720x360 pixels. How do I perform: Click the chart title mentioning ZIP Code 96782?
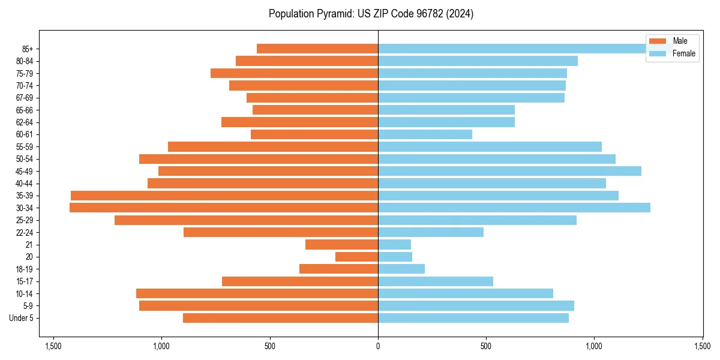pos(371,14)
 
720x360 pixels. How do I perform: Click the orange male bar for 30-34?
pos(224,208)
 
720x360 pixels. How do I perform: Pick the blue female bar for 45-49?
pos(509,171)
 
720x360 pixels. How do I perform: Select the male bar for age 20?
pos(356,257)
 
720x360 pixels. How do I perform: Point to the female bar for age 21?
pos(394,244)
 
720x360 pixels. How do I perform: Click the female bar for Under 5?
pos(473,318)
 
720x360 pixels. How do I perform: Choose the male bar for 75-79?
pos(294,73)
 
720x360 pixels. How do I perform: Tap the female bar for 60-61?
pos(425,134)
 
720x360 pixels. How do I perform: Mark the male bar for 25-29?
pos(246,220)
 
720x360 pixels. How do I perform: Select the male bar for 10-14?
pos(257,293)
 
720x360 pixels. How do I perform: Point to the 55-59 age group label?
pos(25,146)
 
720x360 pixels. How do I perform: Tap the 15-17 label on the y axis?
pos(25,281)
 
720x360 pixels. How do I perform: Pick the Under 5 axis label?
pos(22,318)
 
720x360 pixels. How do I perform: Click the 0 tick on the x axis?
pos(378,346)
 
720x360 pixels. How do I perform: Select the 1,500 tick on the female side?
pos(702,346)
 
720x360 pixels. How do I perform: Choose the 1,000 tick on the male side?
pos(161,346)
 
